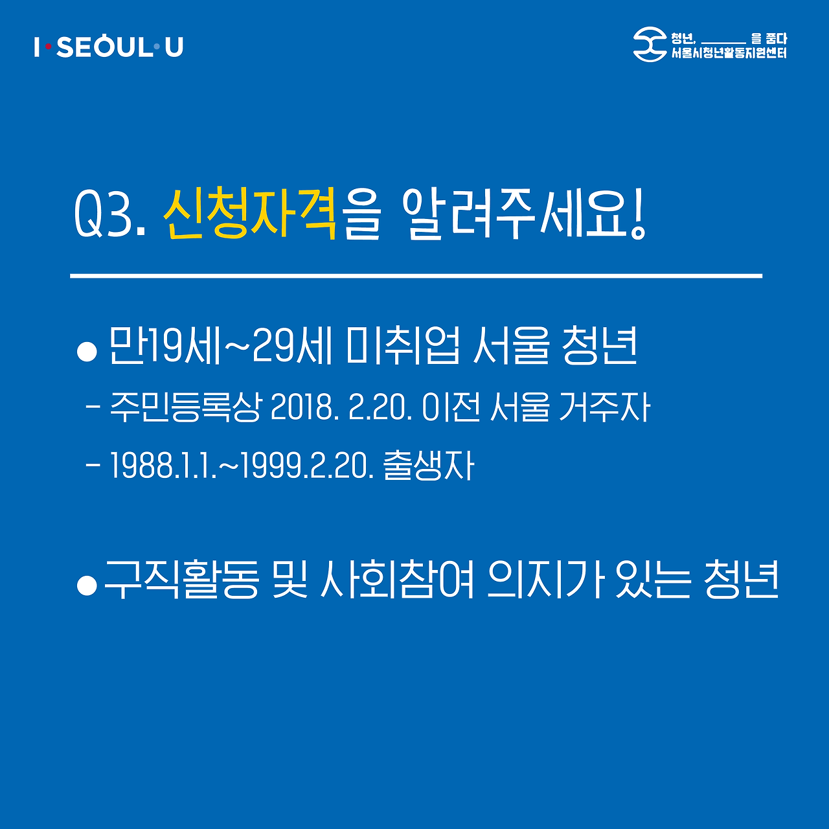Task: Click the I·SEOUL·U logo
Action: tap(109, 47)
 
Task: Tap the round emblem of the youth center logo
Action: tap(650, 45)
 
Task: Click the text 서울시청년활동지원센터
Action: tap(729, 53)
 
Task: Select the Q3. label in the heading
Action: tap(109, 215)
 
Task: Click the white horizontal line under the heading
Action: tap(416, 276)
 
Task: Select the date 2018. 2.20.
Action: tap(341, 408)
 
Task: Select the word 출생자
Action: tap(429, 465)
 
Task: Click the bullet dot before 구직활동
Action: tap(87, 584)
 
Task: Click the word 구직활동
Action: tap(181, 580)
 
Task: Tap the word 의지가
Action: tap(545, 580)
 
